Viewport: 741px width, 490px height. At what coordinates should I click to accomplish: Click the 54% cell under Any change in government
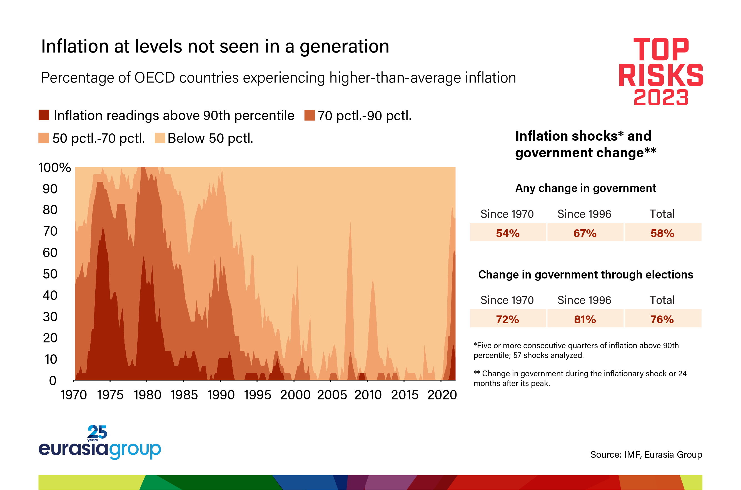tap(508, 233)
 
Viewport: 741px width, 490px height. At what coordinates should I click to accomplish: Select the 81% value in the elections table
tap(585, 319)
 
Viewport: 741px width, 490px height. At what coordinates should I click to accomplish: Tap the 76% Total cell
tap(662, 319)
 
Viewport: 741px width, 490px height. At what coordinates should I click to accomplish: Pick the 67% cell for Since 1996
tap(585, 233)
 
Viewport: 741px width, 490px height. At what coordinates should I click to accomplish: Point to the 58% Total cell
tap(662, 233)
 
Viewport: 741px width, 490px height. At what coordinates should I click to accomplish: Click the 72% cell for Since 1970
tap(508, 319)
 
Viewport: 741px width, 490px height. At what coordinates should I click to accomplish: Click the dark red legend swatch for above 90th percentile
tap(44, 115)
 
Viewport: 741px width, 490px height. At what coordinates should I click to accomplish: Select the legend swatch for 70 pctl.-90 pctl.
tap(309, 115)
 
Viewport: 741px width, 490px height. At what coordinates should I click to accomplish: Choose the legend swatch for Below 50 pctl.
tap(160, 138)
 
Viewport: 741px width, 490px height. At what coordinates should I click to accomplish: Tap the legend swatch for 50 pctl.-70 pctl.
tap(43, 138)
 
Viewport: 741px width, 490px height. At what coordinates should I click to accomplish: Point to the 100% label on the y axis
tap(54, 168)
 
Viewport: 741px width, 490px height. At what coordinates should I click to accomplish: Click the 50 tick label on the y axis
tap(50, 274)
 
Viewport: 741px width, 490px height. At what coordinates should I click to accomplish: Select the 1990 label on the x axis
tap(221, 395)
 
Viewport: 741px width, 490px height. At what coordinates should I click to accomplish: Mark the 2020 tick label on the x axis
tap(442, 395)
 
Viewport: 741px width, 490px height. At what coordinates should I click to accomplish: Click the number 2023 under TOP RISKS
tap(661, 98)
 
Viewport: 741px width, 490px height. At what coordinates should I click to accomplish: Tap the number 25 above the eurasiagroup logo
tap(97, 432)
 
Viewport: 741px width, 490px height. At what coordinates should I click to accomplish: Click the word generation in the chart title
tap(344, 47)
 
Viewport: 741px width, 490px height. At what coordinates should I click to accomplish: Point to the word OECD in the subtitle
tap(154, 78)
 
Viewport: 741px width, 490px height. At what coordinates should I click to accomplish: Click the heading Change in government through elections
tap(585, 274)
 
